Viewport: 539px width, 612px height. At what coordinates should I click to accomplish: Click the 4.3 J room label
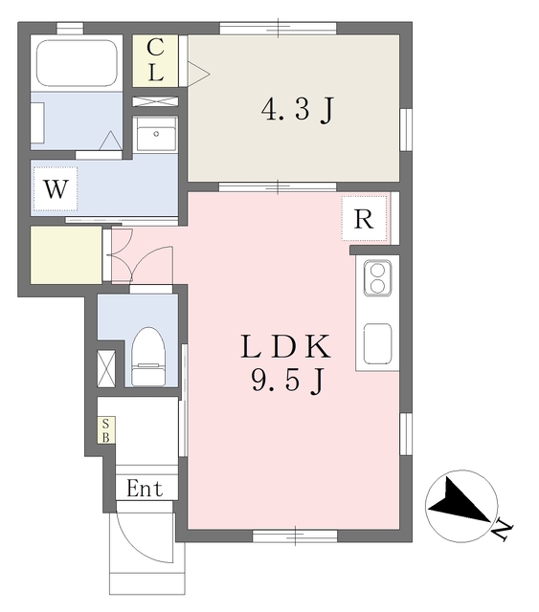(297, 111)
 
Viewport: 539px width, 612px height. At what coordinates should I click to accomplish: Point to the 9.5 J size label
(287, 382)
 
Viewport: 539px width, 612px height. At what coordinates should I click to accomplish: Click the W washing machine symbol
(56, 189)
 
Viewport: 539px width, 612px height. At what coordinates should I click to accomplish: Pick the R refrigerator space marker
(364, 218)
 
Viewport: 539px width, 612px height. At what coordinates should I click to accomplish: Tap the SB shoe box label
(106, 430)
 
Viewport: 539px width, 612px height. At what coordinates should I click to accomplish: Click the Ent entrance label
(145, 490)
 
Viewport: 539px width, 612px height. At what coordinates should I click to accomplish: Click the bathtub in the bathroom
(77, 62)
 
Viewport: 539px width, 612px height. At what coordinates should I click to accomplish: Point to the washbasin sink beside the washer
(155, 136)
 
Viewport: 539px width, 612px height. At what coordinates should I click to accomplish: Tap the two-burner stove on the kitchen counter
(376, 278)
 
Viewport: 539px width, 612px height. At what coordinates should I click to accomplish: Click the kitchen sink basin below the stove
(376, 342)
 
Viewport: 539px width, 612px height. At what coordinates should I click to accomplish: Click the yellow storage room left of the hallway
(65, 255)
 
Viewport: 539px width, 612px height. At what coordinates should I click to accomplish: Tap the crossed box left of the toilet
(106, 368)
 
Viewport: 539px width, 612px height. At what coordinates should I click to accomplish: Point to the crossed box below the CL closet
(155, 99)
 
